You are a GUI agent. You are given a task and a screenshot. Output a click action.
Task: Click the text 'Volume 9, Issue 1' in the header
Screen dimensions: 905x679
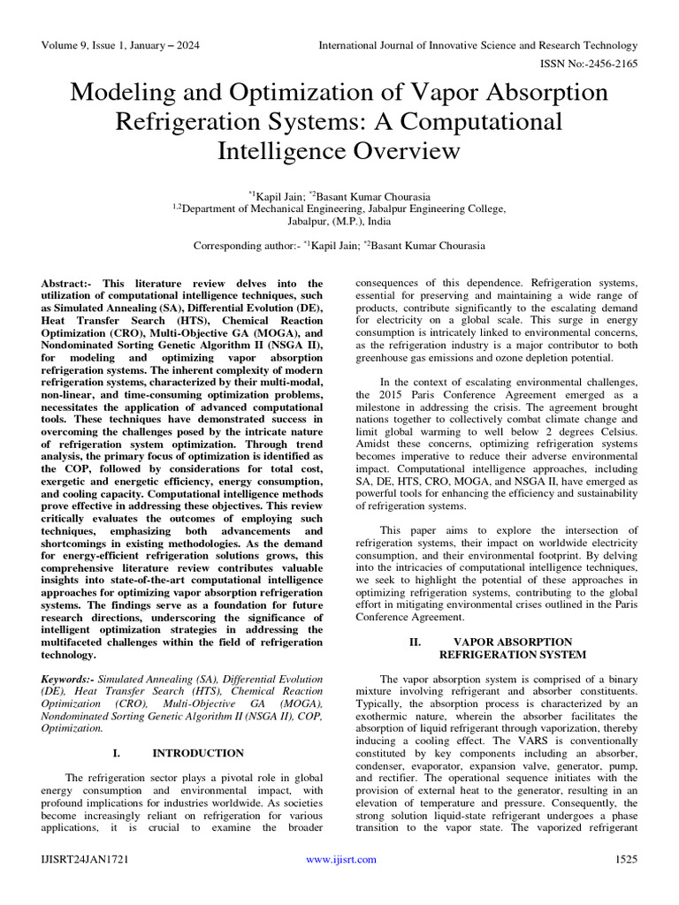84,45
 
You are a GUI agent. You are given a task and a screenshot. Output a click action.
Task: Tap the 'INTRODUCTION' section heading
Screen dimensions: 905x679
198,753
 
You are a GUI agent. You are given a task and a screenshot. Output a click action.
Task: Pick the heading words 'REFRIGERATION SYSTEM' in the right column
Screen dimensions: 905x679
513,654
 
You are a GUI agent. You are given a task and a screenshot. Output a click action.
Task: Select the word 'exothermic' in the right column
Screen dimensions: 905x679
385,716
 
